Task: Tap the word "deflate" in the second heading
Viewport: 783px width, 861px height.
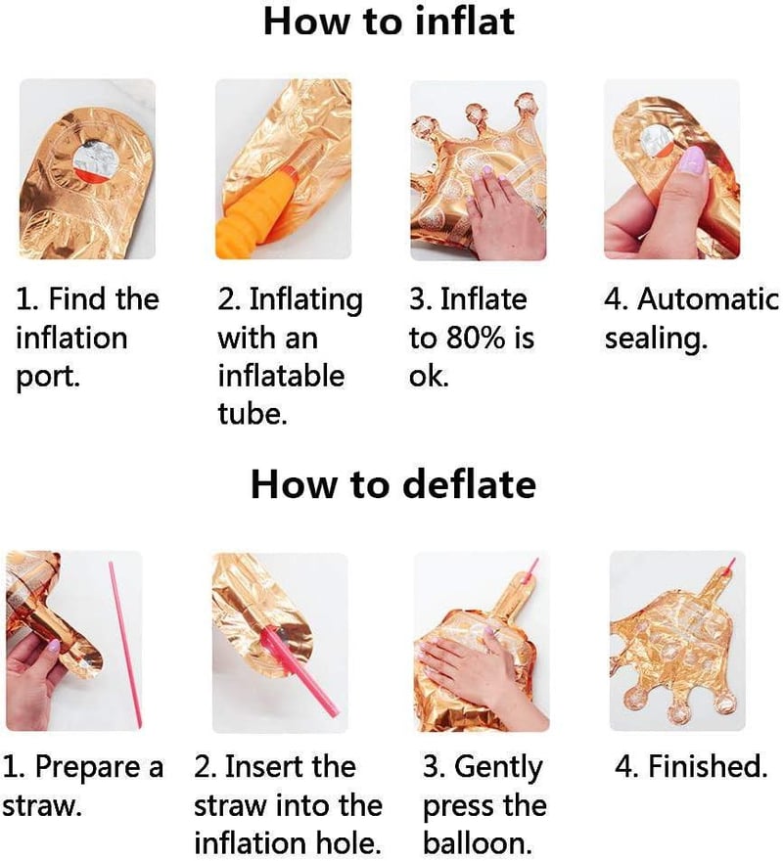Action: (469, 484)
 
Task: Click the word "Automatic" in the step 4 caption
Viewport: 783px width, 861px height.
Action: (708, 299)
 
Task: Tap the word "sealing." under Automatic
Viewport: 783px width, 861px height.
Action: (656, 339)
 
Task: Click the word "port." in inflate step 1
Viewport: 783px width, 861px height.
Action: (48, 377)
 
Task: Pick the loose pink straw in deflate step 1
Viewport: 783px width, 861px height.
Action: (125, 644)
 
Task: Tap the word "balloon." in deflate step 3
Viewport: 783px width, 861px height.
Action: (477, 843)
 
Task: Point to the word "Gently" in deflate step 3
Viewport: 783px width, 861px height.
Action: (498, 768)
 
